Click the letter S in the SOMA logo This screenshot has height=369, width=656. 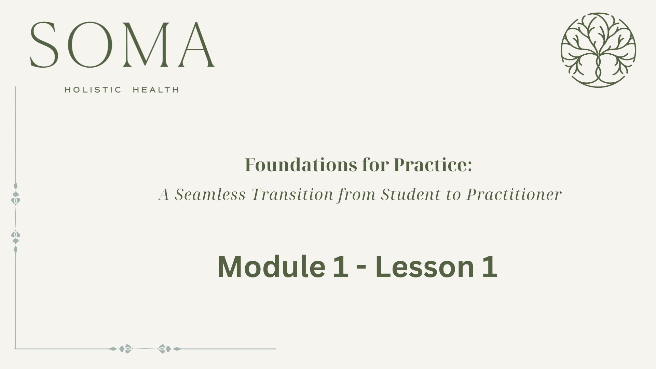43,45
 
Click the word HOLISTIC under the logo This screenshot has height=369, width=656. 93,90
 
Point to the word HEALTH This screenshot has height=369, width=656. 156,90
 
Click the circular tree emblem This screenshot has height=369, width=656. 598,50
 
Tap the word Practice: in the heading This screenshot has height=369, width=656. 433,165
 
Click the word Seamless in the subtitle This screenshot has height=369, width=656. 210,195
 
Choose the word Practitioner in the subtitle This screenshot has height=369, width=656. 514,195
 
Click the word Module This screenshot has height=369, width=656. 271,266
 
